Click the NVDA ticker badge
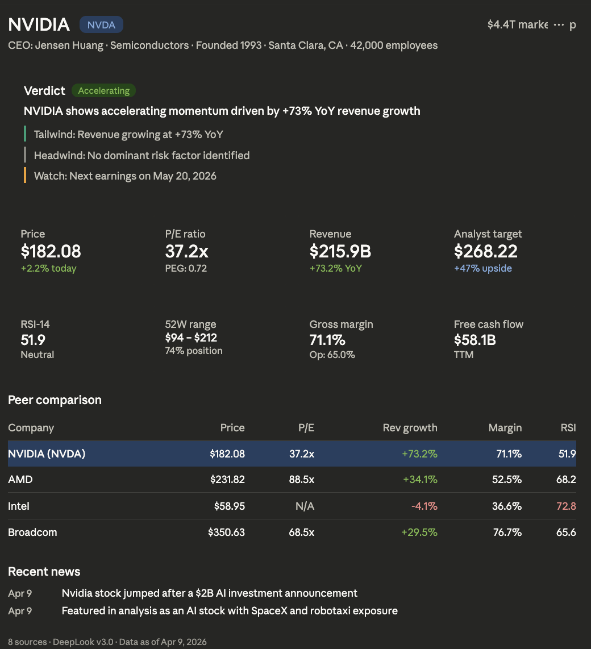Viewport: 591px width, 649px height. click(x=101, y=24)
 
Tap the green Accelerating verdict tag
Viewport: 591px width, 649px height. click(x=103, y=90)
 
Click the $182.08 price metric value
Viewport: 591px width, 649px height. click(x=51, y=251)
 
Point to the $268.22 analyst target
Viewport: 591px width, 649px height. click(x=486, y=251)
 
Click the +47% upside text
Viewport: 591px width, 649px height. click(x=482, y=268)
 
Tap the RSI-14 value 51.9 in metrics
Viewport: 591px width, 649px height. click(x=33, y=340)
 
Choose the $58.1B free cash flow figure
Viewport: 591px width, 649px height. click(x=475, y=340)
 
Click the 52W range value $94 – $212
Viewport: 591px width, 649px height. click(x=191, y=338)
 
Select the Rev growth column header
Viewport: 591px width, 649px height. click(x=410, y=428)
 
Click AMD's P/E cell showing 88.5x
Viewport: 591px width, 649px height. click(x=301, y=480)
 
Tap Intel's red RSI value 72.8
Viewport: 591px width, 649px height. click(x=566, y=506)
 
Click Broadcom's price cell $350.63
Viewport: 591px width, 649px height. click(x=226, y=532)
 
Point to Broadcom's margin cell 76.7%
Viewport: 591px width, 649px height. click(x=507, y=532)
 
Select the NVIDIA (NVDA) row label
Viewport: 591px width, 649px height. click(x=47, y=454)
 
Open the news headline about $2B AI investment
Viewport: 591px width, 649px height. click(x=209, y=593)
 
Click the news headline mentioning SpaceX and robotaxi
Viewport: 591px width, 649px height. click(x=230, y=611)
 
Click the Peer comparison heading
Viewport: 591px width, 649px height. click(x=55, y=400)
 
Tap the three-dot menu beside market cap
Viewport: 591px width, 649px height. click(x=559, y=25)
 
